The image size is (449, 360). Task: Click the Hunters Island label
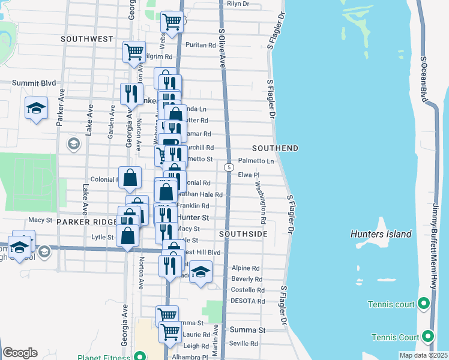coord(382,234)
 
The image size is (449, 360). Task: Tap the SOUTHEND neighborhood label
coord(276,148)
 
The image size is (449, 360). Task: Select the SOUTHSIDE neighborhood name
coord(243,233)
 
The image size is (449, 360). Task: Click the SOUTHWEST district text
coord(87,38)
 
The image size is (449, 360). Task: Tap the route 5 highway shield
coord(229,167)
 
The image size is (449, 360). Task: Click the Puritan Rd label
coord(200,45)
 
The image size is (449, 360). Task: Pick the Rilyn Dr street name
coord(238,4)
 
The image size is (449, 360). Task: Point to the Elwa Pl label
coord(248,175)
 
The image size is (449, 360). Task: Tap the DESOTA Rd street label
coord(248,301)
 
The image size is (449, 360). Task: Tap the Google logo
coord(20,353)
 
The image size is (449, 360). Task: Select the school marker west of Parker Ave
coord(36,109)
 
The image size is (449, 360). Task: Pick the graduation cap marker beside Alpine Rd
coord(201,272)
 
